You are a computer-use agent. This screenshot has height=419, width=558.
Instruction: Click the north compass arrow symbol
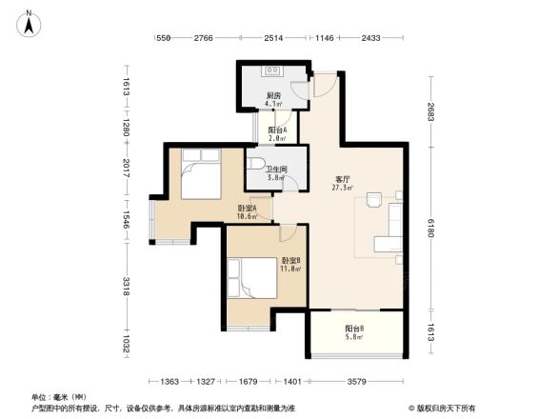30,21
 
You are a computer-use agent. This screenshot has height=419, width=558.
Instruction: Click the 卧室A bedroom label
246,209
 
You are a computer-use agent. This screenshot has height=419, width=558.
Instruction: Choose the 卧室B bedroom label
290,261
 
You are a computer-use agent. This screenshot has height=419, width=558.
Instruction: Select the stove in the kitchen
272,70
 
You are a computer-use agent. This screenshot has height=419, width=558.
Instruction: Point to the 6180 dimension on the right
430,229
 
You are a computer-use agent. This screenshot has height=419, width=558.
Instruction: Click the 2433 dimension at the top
370,38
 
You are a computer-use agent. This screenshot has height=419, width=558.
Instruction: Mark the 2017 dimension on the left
127,168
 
